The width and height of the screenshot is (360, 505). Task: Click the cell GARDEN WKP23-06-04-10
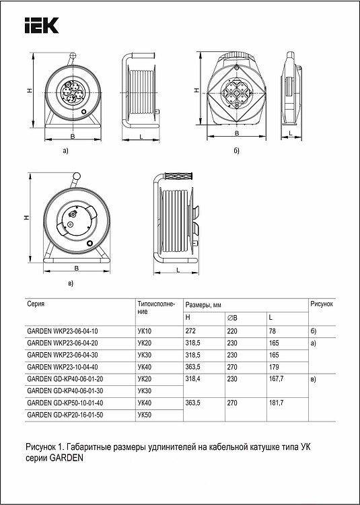pyautogui.click(x=62, y=331)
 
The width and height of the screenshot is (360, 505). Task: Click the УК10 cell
pyautogui.click(x=145, y=331)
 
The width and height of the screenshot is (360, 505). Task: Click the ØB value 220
pyautogui.click(x=231, y=331)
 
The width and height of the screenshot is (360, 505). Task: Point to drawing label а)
pyautogui.click(x=65, y=151)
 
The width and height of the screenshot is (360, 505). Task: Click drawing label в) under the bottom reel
pyautogui.click(x=71, y=284)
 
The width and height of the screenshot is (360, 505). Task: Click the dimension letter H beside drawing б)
pyautogui.click(x=195, y=90)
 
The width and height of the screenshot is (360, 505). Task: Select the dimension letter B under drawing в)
pyautogui.click(x=76, y=268)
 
